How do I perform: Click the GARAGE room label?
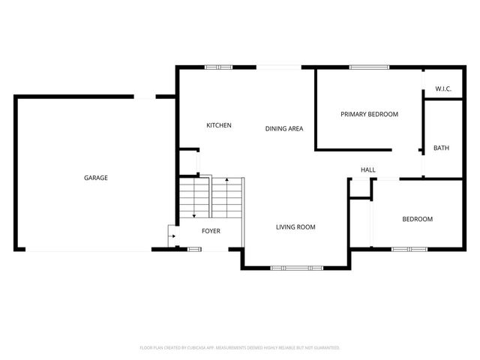(x=95, y=178)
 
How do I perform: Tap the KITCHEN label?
(x=219, y=125)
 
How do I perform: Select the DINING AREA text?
(x=284, y=129)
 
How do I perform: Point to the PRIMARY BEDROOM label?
(x=369, y=114)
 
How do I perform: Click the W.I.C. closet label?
(x=443, y=90)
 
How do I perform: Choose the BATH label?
(x=442, y=148)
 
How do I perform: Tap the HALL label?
(x=368, y=170)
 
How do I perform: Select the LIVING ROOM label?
(x=295, y=226)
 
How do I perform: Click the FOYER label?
(x=211, y=231)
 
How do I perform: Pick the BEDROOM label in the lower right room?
(x=418, y=219)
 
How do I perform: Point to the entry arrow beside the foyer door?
(x=173, y=237)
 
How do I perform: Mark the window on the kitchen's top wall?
(x=218, y=67)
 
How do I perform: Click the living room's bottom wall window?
(x=295, y=267)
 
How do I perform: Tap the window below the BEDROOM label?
(x=409, y=249)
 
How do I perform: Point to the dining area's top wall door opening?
(x=279, y=67)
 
